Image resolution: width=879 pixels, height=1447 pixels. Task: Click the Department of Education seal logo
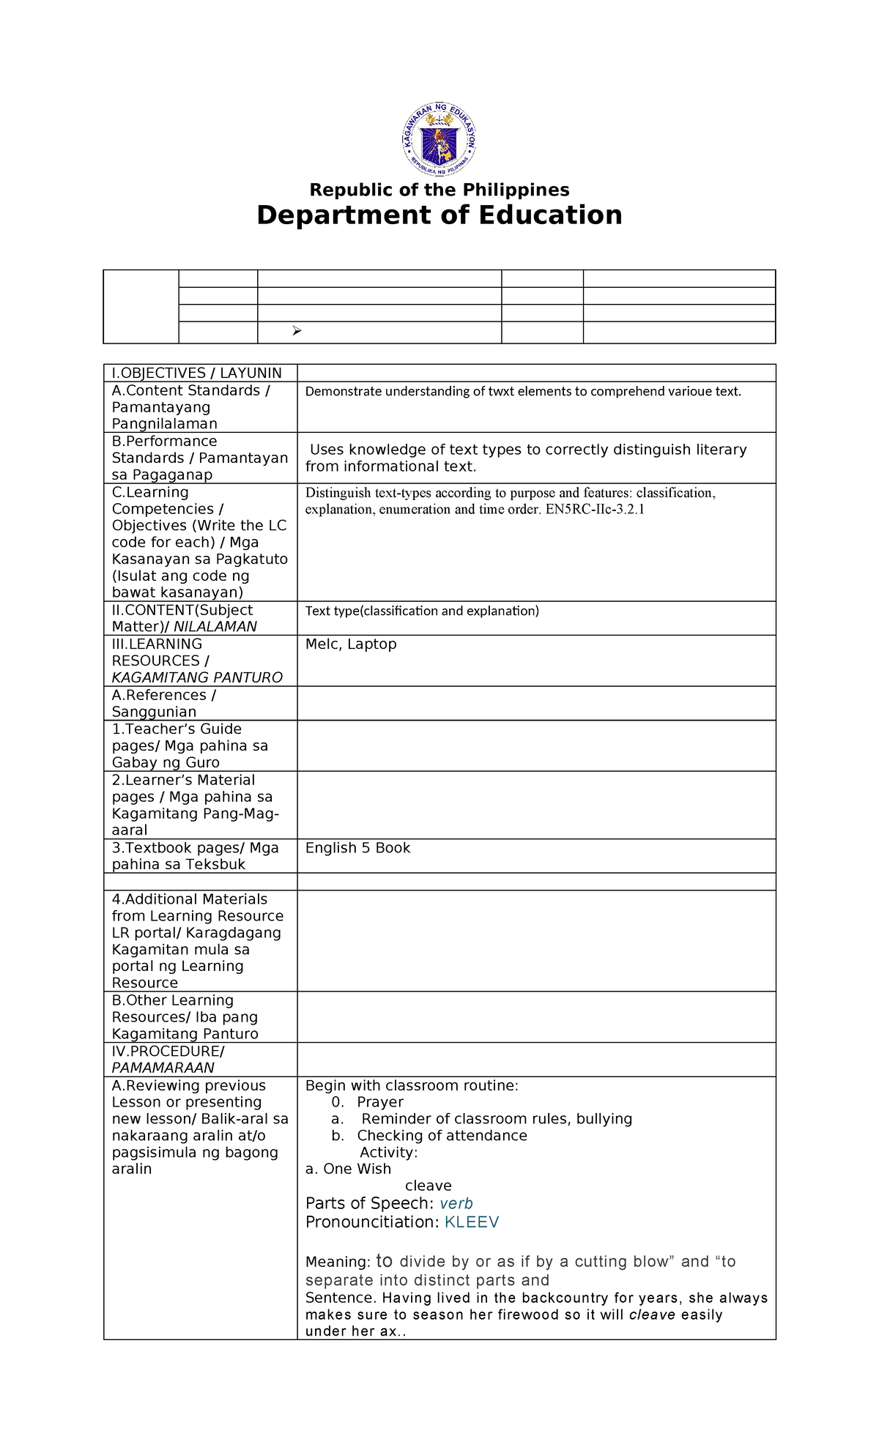tap(439, 139)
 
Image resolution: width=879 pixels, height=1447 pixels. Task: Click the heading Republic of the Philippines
tap(439, 190)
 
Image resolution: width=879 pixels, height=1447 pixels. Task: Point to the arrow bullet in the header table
tap(297, 332)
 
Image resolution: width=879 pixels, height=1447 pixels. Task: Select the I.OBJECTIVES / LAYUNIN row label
tap(196, 373)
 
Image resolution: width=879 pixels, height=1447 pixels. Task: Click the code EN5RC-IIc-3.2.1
tap(595, 509)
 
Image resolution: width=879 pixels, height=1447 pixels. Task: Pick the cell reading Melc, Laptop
tap(351, 644)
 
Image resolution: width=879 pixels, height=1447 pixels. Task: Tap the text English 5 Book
tap(357, 848)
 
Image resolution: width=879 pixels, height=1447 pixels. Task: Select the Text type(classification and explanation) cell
tap(422, 611)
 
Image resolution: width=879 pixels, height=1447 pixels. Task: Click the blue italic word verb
tap(456, 1203)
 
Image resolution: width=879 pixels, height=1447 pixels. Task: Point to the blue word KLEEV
tap(472, 1221)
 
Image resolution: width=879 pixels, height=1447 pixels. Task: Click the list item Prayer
tap(380, 1102)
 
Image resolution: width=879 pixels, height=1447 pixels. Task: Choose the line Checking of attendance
tap(442, 1136)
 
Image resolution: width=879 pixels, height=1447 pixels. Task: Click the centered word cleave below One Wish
tap(428, 1186)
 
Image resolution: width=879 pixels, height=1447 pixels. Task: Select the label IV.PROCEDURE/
tap(168, 1052)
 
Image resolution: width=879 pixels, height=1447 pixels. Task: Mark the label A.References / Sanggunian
tap(164, 703)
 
